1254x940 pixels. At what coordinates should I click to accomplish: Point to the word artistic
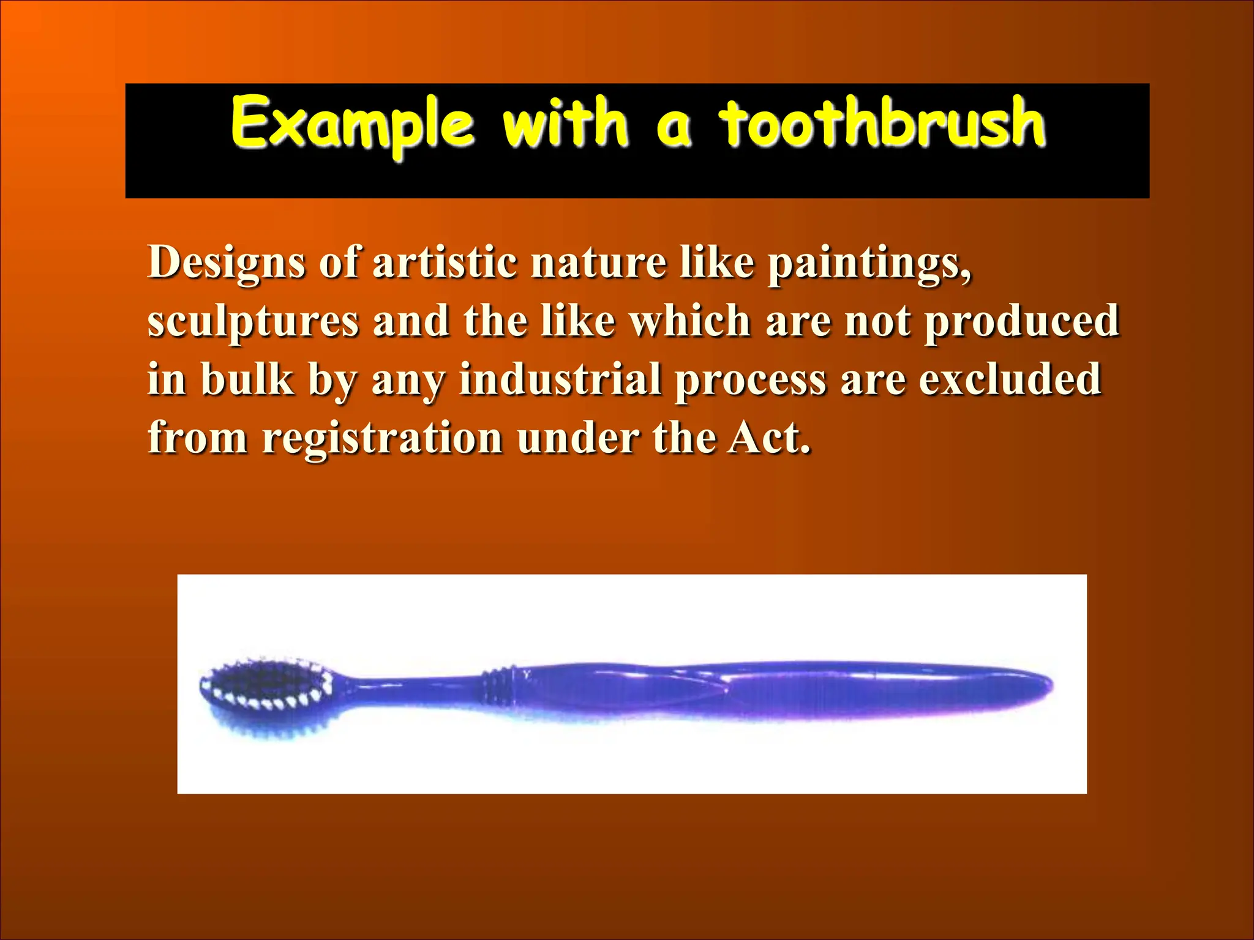(445, 263)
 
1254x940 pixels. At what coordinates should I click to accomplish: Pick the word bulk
(247, 379)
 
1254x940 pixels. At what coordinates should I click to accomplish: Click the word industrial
(560, 379)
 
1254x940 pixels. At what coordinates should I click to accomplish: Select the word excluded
(1010, 379)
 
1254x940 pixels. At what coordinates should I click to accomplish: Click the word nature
(598, 263)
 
